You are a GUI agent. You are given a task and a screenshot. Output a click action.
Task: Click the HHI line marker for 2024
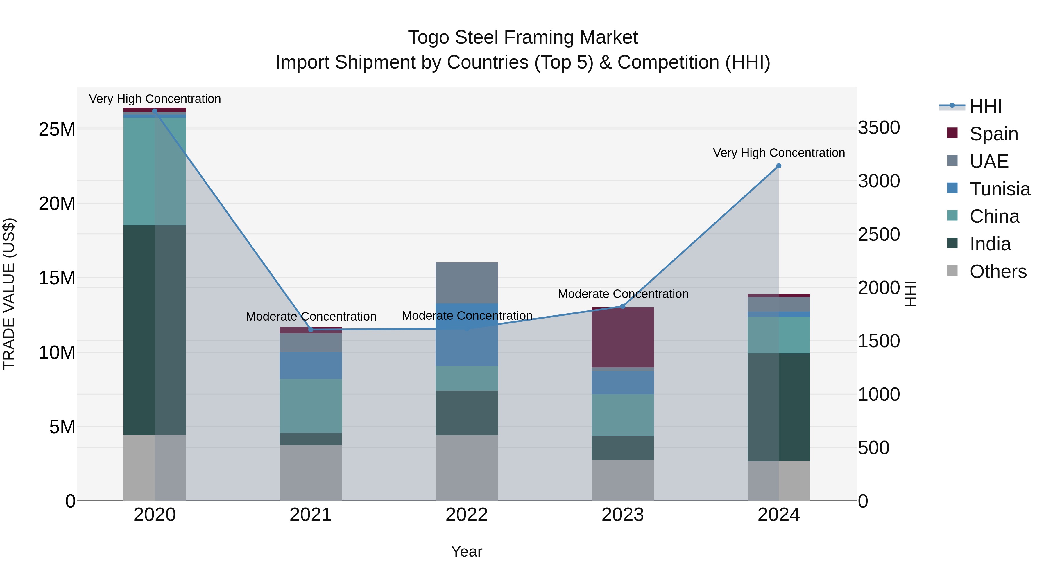(x=778, y=166)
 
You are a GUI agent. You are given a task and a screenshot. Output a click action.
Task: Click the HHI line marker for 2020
(x=154, y=111)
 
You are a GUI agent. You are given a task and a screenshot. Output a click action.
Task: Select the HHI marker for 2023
(x=622, y=306)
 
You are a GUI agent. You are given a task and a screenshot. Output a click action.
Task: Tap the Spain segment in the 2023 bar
(x=622, y=338)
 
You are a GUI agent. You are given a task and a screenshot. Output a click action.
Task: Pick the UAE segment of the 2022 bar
(x=467, y=283)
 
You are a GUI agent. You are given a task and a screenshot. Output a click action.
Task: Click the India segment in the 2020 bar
(x=154, y=330)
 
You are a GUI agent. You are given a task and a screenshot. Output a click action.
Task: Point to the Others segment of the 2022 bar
(x=467, y=467)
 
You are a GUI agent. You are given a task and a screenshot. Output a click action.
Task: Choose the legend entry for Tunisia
(x=1000, y=189)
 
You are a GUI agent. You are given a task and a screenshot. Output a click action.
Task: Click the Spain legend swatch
(x=952, y=133)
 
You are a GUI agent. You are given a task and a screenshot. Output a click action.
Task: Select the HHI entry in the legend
(x=986, y=106)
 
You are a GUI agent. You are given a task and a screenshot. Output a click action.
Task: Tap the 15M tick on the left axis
(x=57, y=278)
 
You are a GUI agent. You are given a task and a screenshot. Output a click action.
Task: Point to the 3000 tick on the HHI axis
(x=879, y=181)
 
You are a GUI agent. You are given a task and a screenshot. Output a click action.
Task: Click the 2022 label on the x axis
(x=467, y=515)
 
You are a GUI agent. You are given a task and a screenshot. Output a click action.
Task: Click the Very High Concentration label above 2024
(x=778, y=153)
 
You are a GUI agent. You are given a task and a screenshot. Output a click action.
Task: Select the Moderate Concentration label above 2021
(x=311, y=317)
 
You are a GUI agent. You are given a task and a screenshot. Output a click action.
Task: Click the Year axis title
(x=467, y=551)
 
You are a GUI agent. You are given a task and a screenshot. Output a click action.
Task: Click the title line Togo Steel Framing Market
(x=523, y=37)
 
